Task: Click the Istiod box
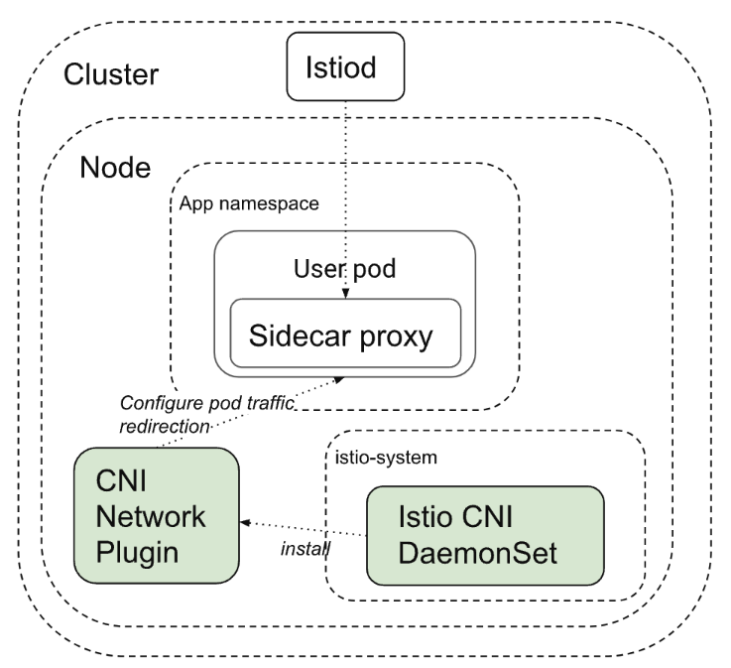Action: coord(345,67)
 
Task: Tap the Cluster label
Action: coord(111,74)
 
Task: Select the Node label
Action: coord(115,167)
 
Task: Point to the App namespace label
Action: coord(249,203)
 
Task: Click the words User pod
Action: coord(344,268)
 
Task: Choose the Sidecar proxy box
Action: coord(345,334)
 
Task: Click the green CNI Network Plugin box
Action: coord(157,515)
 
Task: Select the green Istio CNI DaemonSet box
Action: coord(485,536)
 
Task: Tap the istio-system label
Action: coord(386,458)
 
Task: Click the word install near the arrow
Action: coord(305,549)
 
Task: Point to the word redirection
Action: coord(165,427)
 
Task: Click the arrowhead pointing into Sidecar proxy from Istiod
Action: coord(345,294)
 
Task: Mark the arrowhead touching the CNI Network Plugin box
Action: coord(245,522)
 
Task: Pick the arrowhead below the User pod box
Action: coord(339,380)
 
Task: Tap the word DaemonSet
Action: coord(477,553)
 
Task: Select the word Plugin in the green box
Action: coord(137,553)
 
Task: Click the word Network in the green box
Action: coord(150,517)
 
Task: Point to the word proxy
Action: coord(396,336)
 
